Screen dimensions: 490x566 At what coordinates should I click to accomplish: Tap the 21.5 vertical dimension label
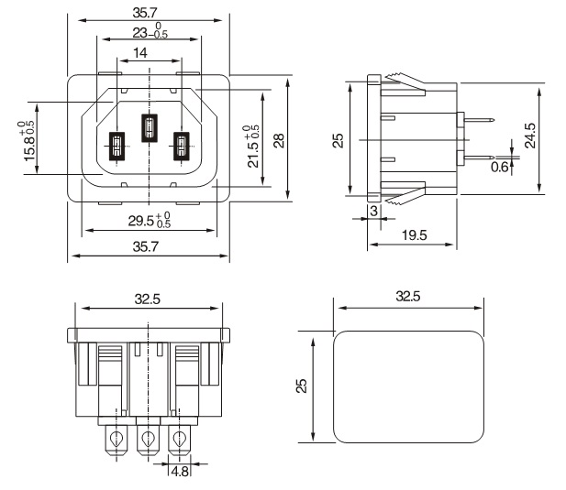[253, 144]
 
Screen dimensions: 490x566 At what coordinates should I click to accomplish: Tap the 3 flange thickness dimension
[373, 210]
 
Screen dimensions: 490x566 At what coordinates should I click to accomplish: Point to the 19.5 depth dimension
[413, 235]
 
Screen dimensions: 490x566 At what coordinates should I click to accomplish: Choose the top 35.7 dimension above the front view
[147, 13]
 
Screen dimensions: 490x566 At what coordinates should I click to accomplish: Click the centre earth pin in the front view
[148, 127]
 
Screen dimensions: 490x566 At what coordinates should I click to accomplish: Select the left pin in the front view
[117, 147]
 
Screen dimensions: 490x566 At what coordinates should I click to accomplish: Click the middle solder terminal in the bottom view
[146, 441]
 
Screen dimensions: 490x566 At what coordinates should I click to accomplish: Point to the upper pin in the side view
[478, 119]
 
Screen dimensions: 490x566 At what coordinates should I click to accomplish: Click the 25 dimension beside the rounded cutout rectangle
[303, 387]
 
